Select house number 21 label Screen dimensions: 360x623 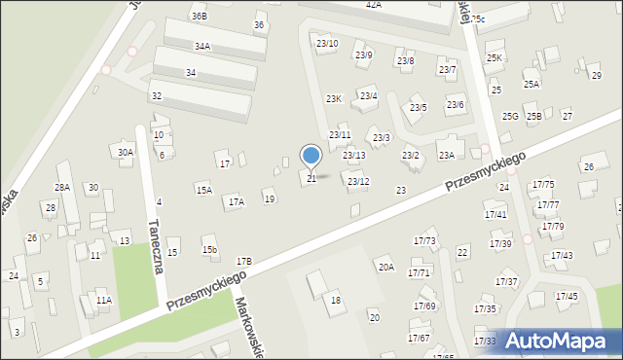311,178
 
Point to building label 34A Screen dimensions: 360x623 202,46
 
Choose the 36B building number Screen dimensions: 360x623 199,17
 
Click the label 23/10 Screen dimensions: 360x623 327,44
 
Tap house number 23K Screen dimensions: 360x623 334,99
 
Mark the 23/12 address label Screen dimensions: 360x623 358,182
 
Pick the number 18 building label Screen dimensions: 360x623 336,300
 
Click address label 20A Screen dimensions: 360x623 386,267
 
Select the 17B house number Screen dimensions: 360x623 243,261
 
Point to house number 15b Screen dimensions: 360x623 209,250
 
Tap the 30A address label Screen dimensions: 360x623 126,152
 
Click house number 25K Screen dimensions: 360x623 495,58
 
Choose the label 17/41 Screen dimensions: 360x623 495,214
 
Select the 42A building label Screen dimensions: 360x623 373,5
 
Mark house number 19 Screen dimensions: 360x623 270,199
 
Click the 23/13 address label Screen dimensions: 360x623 354,156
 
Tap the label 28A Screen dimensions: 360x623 62,187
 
